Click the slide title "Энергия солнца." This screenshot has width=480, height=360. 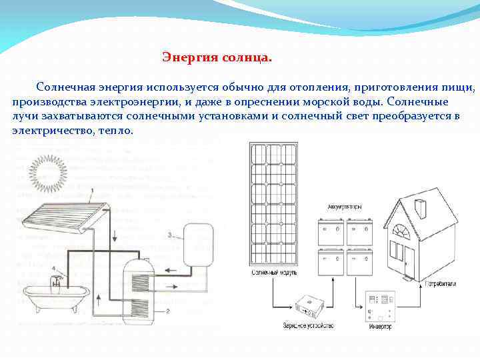pyautogui.click(x=217, y=58)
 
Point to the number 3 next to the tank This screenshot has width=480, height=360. pyautogui.click(x=171, y=235)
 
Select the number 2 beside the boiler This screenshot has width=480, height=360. pyautogui.click(x=169, y=311)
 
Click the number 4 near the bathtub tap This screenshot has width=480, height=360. pyautogui.click(x=54, y=269)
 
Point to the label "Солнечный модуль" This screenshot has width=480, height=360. pyautogui.click(x=275, y=273)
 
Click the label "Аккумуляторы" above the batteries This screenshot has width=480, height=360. pyautogui.click(x=345, y=207)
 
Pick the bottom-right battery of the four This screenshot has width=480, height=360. pyautogui.click(x=361, y=263)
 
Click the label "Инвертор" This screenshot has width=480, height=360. pyautogui.click(x=379, y=326)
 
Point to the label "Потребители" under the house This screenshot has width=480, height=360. pyautogui.click(x=441, y=284)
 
